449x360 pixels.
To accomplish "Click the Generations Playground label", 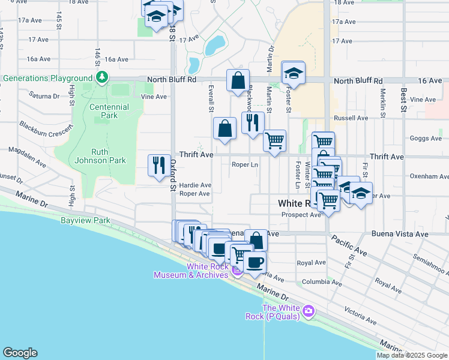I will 46,78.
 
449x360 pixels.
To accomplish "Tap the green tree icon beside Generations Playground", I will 103,77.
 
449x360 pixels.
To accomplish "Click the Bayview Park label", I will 85,220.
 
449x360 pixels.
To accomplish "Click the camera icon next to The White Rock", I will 308,311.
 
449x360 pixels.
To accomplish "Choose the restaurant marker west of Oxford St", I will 158,165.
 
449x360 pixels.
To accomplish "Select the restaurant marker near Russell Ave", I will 252,122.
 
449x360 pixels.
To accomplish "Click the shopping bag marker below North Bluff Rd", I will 238,80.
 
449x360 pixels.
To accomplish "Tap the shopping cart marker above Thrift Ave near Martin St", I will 274,141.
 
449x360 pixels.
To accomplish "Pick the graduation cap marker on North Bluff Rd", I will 293,73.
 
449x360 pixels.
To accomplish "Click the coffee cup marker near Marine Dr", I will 255,262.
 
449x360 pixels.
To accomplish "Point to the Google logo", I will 20,353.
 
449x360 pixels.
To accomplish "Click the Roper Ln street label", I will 244,164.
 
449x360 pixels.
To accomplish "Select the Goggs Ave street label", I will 426,138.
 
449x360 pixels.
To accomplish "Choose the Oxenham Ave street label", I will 429,176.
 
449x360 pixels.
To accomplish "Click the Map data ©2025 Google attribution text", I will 412,355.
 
